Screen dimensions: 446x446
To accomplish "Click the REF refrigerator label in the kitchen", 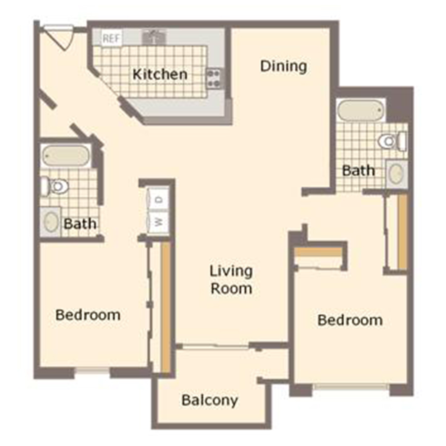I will [x=111, y=39].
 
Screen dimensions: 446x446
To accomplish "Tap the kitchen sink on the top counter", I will [x=154, y=37].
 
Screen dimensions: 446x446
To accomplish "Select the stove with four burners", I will [x=215, y=78].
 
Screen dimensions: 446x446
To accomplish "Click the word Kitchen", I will [x=160, y=74].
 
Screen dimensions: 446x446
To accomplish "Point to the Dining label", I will [x=283, y=66].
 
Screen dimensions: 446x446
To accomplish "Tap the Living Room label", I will [x=231, y=279].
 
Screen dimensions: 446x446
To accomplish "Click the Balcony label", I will [x=210, y=400].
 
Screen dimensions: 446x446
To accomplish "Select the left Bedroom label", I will [x=88, y=315].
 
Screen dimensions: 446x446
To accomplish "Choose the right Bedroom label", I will [x=350, y=320].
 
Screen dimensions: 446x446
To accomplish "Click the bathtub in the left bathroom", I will [x=65, y=156].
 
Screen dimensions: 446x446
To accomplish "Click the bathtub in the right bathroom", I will [x=360, y=110].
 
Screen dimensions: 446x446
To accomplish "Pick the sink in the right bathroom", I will [x=396, y=174].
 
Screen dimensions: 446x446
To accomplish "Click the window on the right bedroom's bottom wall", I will [x=351, y=386].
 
